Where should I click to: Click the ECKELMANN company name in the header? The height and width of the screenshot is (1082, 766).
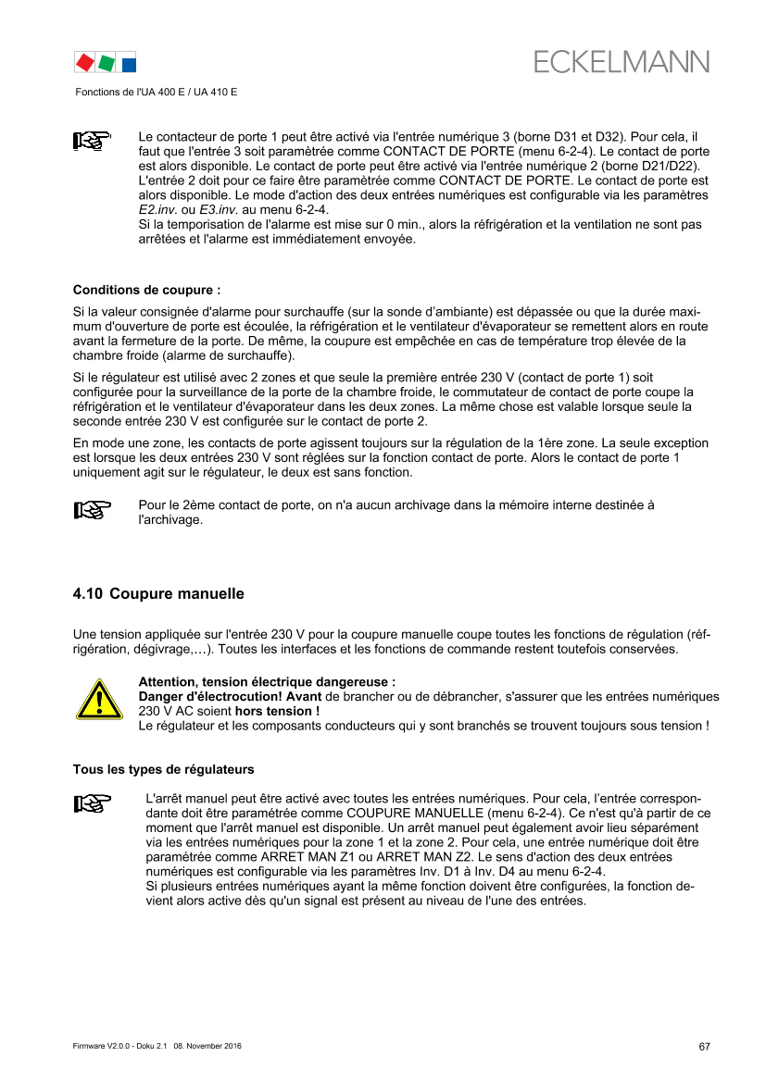tap(621, 62)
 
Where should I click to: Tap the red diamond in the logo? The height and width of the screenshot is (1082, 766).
tap(85, 63)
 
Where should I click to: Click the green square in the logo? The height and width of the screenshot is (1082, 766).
tap(107, 64)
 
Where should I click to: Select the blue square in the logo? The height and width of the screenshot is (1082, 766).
tap(129, 65)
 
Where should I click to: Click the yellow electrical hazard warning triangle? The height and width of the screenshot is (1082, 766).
tap(99, 699)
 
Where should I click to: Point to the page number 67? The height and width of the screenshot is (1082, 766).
tap(704, 1047)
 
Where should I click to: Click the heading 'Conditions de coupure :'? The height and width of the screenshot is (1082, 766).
tap(147, 290)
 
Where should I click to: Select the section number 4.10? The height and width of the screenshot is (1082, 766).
tap(88, 593)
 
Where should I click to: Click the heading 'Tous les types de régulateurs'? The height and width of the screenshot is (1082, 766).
tap(164, 769)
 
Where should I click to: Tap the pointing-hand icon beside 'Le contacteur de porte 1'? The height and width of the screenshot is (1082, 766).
tap(92, 140)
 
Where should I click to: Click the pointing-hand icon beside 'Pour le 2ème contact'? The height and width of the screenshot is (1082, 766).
tap(92, 510)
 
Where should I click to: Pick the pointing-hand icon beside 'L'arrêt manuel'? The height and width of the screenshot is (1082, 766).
tap(92, 803)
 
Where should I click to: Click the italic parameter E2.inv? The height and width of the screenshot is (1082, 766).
tap(158, 210)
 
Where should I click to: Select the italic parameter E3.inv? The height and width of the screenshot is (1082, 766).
tap(219, 210)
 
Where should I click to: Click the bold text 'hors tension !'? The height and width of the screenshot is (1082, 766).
tap(277, 711)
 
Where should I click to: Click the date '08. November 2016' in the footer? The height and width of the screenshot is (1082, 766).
tap(207, 1046)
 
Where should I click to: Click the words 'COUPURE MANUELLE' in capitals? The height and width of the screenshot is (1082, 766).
tap(415, 813)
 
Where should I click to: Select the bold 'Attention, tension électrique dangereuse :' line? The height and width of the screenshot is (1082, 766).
tap(268, 682)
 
